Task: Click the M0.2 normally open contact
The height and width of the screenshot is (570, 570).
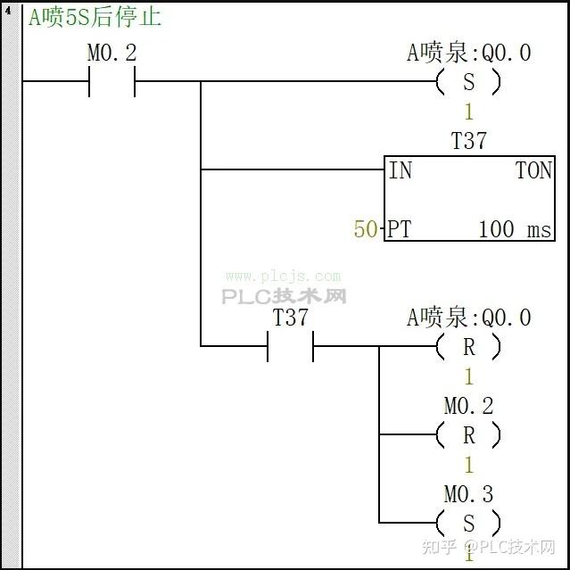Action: pyautogui.click(x=112, y=83)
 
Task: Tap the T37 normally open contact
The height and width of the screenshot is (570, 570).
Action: pyautogui.click(x=290, y=346)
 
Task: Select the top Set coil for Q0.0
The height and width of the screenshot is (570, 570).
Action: pyautogui.click(x=468, y=83)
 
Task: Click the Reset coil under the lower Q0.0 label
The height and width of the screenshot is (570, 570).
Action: pyautogui.click(x=468, y=346)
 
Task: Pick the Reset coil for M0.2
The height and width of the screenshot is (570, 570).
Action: pyautogui.click(x=468, y=435)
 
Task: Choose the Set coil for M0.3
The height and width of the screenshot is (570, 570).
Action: pyautogui.click(x=468, y=523)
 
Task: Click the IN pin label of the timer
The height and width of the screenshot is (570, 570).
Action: pyautogui.click(x=401, y=170)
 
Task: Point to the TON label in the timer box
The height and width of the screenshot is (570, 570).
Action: pyautogui.click(x=533, y=170)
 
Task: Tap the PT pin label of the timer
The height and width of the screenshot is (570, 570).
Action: pyautogui.click(x=400, y=229)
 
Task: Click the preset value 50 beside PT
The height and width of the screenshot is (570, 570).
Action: pyautogui.click(x=366, y=229)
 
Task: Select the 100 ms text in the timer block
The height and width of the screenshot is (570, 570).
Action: pyautogui.click(x=515, y=229)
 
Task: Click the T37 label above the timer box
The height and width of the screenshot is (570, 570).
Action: pyautogui.click(x=469, y=141)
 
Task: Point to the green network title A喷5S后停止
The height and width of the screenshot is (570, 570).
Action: pyautogui.click(x=95, y=17)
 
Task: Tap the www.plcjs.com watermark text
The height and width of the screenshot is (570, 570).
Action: pyautogui.click(x=283, y=277)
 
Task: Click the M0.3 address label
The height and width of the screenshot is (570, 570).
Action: pyautogui.click(x=468, y=494)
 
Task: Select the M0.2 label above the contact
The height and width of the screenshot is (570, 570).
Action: pyautogui.click(x=112, y=53)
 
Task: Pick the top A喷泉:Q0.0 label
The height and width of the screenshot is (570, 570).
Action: pyautogui.click(x=468, y=53)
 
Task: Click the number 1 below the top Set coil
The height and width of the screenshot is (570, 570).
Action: pyautogui.click(x=468, y=112)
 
